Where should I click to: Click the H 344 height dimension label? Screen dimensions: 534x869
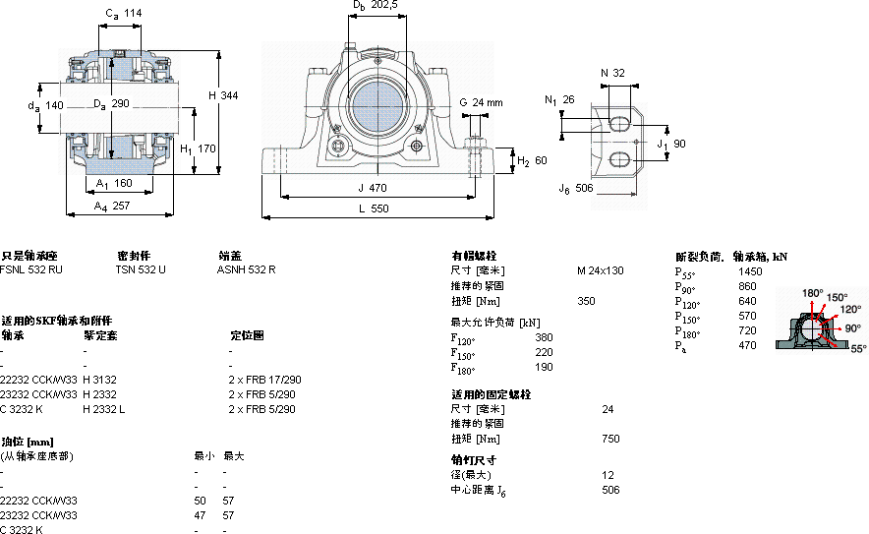pos(223,94)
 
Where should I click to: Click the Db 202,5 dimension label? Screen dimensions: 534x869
pos(375,6)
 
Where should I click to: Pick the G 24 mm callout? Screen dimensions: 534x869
pos(481,102)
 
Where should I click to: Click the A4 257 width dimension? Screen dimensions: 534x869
pos(113,207)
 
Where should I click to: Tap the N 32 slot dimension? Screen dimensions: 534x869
pos(612,73)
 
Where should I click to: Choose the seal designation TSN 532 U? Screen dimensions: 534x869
pos(141,268)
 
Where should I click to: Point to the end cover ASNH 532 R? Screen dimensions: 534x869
pos(246,268)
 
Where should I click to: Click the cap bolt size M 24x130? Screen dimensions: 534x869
pos(600,269)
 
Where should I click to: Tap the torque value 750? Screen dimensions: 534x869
pos(611,439)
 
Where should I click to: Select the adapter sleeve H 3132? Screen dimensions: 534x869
pos(99,379)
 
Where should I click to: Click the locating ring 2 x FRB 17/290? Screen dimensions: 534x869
pos(264,379)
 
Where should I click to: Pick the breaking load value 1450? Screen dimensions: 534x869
pos(750,270)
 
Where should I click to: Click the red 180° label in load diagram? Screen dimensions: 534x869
pos(812,292)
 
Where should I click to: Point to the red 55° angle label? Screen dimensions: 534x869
pos(858,348)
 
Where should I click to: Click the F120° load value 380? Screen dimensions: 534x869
pos(543,337)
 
